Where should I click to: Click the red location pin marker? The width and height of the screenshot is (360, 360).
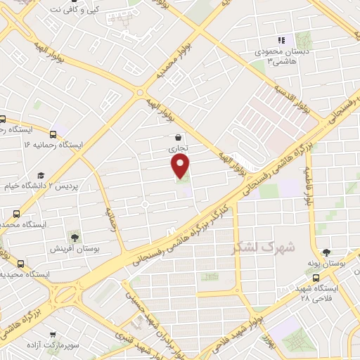click(181, 166)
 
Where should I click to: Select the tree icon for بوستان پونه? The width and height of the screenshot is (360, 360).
click(326, 252)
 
